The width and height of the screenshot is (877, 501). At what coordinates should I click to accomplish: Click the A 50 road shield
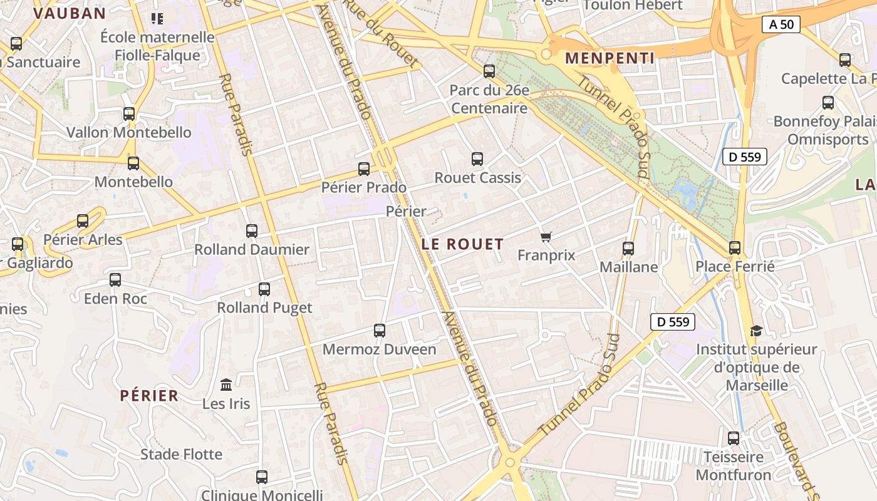coord(781,24)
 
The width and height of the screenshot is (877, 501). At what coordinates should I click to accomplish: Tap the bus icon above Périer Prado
coord(364,168)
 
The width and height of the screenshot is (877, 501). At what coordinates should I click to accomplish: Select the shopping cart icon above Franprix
coord(546,237)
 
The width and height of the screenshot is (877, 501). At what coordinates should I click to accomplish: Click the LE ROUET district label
coord(463,244)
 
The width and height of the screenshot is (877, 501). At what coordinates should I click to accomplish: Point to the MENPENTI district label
coord(610,59)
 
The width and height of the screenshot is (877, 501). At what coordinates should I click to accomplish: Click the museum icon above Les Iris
coord(226,384)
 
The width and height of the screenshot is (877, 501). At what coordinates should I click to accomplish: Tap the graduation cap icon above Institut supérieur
coord(756,331)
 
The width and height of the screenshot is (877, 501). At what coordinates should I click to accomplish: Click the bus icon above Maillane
coord(628,248)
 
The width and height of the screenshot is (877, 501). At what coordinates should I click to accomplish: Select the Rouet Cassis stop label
coord(477,178)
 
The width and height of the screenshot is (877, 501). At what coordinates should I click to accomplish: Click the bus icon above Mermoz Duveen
coord(379,330)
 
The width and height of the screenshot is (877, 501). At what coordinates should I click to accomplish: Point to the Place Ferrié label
coord(735,267)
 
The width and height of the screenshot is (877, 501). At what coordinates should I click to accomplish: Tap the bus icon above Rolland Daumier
coord(252,231)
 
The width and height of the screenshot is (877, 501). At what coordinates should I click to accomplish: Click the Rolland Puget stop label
coord(264,307)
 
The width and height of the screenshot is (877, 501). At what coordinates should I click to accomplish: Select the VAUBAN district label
coord(70,13)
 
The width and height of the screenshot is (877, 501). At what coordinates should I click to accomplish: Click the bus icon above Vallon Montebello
coord(129,114)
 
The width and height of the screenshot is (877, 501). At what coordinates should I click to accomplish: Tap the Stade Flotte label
coord(181,454)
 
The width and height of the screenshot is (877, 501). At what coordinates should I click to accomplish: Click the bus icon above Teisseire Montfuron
coord(733,438)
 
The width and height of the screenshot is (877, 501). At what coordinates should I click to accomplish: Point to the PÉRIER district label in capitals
coord(149,396)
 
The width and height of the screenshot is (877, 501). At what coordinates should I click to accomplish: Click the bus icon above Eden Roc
coord(115,280)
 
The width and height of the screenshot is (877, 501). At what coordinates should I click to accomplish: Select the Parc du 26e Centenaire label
coord(489,100)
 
